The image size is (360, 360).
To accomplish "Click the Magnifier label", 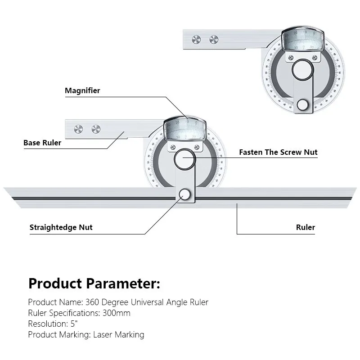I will [x=82, y=90].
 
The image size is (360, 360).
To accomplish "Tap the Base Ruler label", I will [x=42, y=143].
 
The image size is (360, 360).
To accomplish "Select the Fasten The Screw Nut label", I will [x=278, y=152].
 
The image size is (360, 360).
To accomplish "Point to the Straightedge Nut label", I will [x=61, y=227].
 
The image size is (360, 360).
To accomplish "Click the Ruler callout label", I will [x=306, y=227].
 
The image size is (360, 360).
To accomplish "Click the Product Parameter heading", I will [x=94, y=283].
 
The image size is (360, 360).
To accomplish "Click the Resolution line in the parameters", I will [x=53, y=324].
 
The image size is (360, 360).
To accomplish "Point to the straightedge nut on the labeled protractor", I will [x=184, y=194].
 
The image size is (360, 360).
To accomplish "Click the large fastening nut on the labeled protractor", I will [x=184, y=160].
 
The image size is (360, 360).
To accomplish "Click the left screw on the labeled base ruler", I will [x=78, y=129].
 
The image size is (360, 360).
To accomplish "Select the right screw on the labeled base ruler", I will [x=95, y=129].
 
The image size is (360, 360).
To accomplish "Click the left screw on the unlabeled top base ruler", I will [x=196, y=39].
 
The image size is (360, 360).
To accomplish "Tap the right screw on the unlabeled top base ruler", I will [x=213, y=39].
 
